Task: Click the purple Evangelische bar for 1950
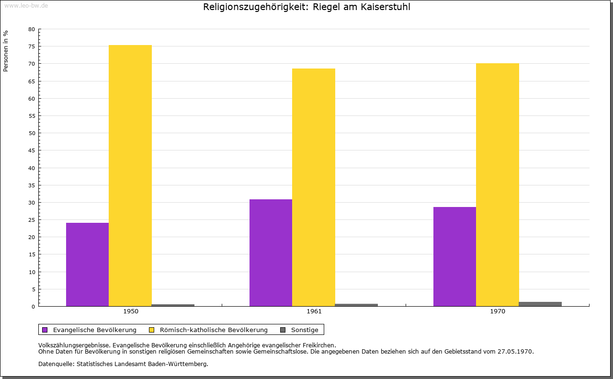coord(87,264)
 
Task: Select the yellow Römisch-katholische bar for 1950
coord(130,175)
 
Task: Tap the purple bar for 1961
coord(271,253)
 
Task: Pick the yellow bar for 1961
coord(314,187)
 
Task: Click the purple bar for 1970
coord(454,256)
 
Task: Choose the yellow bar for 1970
coord(497,184)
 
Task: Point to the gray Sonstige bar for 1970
coord(540,304)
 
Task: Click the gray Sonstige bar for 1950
coord(173,305)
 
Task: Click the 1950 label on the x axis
coord(131,311)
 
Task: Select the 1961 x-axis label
coord(314,311)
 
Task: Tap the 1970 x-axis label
coord(498,311)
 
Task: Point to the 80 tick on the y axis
coord(32,29)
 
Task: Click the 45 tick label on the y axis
coord(32,150)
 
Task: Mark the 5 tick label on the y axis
coord(34,289)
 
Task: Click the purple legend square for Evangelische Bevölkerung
coord(45,330)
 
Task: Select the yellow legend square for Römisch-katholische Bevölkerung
coord(151,330)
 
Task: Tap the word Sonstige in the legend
coord(305,330)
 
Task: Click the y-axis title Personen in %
coord(6,51)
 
